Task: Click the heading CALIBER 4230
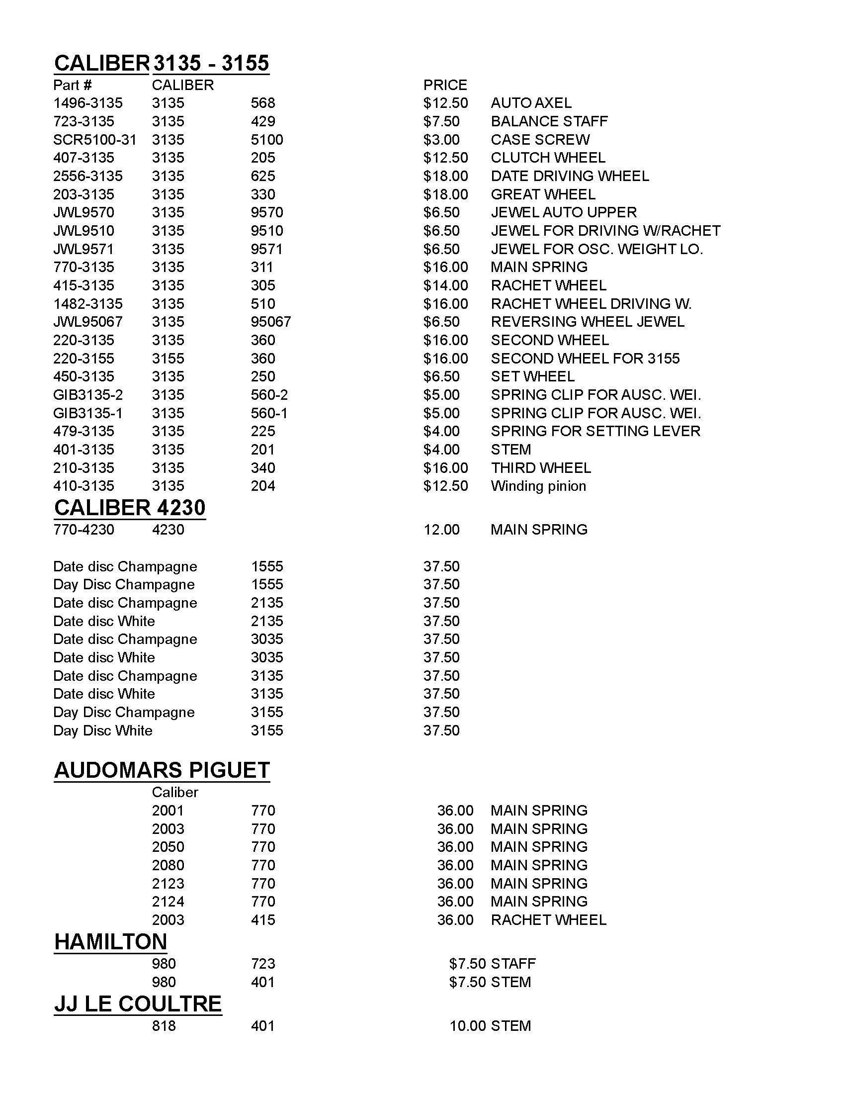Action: pos(130,508)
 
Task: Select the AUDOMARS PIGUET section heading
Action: pos(162,770)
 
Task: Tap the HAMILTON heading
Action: pos(111,942)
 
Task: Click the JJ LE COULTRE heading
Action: pos(138,1004)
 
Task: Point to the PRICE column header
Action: pos(445,85)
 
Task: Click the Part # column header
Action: pos(73,85)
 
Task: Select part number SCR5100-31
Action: pos(94,140)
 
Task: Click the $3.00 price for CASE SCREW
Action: pos(441,140)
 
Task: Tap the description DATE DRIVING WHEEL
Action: pos(570,177)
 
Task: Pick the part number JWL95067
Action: pos(88,322)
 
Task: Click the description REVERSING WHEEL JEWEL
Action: pos(588,322)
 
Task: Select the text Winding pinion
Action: pos(538,486)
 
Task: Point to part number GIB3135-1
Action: pos(88,413)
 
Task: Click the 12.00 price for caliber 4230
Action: pos(441,530)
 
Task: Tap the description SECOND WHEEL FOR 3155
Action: pos(585,359)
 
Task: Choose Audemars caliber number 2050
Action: pos(168,847)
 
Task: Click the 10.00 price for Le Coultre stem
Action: pos(468,1026)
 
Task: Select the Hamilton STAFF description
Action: pos(513,964)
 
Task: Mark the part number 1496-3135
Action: pos(88,103)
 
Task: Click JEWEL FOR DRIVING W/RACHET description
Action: pos(606,231)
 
